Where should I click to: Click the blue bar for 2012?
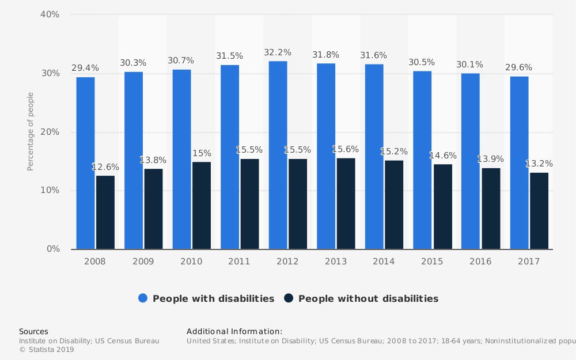tap(278, 156)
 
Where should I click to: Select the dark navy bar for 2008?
tap(105, 213)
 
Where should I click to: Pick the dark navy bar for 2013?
tap(346, 204)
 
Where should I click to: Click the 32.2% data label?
tap(278, 52)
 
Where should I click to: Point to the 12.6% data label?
tap(105, 167)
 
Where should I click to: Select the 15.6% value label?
tap(346, 149)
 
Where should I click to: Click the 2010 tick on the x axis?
tap(191, 262)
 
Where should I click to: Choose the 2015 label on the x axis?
tap(432, 262)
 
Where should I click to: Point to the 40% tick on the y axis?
tap(50, 14)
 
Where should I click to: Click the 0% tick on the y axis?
tap(53, 249)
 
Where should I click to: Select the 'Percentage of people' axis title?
tap(31, 131)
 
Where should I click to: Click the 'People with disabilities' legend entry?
tap(213, 298)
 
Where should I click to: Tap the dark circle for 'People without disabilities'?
tap(289, 298)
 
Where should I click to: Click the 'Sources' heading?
tap(33, 331)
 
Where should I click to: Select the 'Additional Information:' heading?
tap(234, 331)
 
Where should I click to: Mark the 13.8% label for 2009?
tap(153, 160)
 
